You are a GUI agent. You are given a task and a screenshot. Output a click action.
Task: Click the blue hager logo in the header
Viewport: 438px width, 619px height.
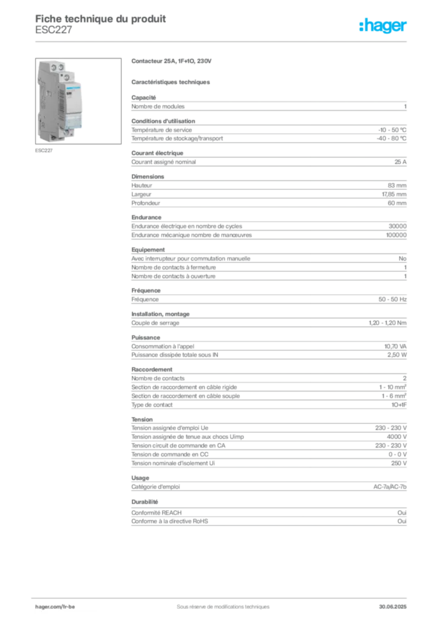click(x=384, y=27)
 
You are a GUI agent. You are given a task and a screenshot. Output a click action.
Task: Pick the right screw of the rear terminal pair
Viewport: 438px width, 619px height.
click(x=60, y=63)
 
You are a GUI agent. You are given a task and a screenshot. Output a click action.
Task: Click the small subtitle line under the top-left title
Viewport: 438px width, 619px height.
click(x=53, y=34)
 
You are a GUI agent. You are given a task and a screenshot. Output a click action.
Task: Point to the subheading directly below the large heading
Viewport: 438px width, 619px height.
click(x=172, y=81)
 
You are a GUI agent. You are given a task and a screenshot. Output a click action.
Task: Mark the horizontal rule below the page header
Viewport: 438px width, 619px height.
click(x=223, y=41)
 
